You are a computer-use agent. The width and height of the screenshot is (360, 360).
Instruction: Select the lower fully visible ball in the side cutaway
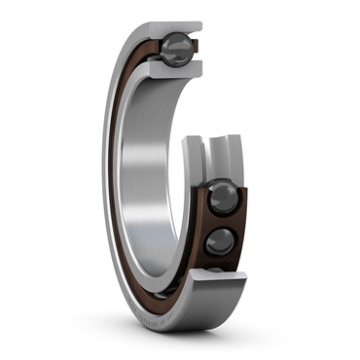point(219,239)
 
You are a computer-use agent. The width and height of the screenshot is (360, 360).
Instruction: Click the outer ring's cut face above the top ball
point(173,25)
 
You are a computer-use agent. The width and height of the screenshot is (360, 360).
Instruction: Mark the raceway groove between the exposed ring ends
point(211,161)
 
